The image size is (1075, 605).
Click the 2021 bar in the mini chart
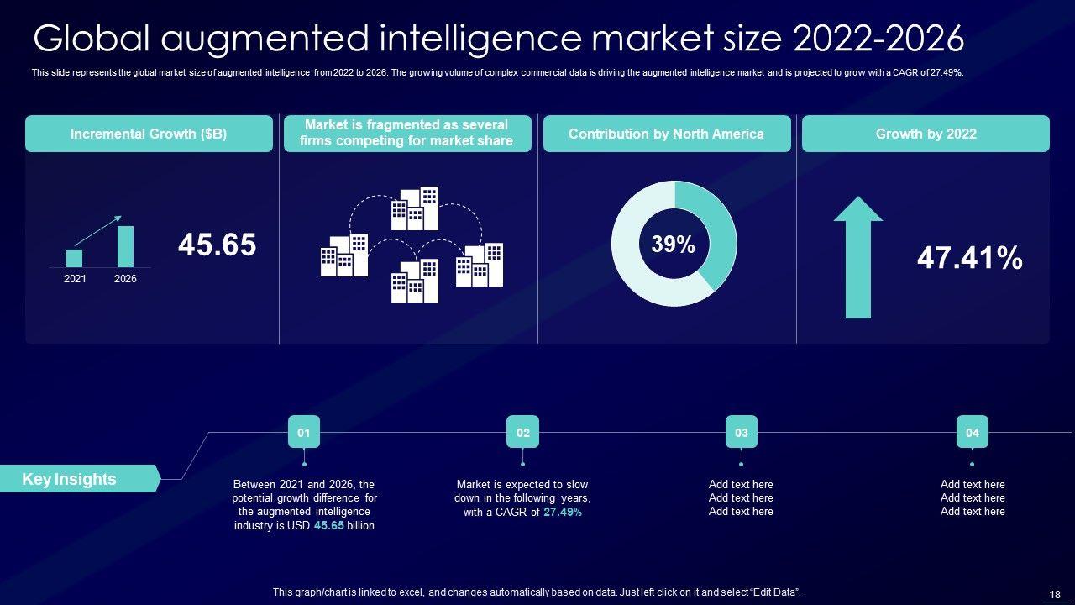click(75, 258)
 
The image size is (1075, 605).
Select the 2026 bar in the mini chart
click(125, 246)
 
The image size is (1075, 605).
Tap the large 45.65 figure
click(217, 245)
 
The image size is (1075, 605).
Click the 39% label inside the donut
click(674, 245)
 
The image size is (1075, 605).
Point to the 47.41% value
click(969, 258)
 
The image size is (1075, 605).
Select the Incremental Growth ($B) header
click(149, 134)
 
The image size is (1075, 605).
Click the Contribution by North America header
click(666, 134)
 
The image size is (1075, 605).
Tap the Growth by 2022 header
click(926, 134)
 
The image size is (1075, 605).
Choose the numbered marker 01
click(304, 432)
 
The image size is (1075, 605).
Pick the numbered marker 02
click(523, 432)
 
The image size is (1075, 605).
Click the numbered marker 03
click(742, 432)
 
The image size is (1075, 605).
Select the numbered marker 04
click(972, 432)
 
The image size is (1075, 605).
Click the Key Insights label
click(70, 479)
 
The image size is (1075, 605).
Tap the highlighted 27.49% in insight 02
click(563, 512)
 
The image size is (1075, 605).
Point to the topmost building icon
click(415, 208)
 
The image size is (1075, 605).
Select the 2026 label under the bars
click(125, 279)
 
